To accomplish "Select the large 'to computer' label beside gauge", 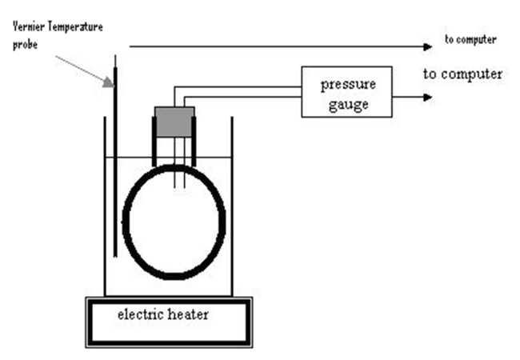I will pyautogui.click(x=462, y=74).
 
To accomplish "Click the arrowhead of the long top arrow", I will pyautogui.click(x=431, y=46).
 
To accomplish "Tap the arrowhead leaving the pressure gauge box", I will pyautogui.click(x=431, y=98).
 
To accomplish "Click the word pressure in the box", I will pyautogui.click(x=346, y=85).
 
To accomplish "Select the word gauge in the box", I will pyautogui.click(x=346, y=103).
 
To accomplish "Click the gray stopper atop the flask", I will pyautogui.click(x=174, y=121).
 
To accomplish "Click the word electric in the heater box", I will pyautogui.click(x=139, y=314).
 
